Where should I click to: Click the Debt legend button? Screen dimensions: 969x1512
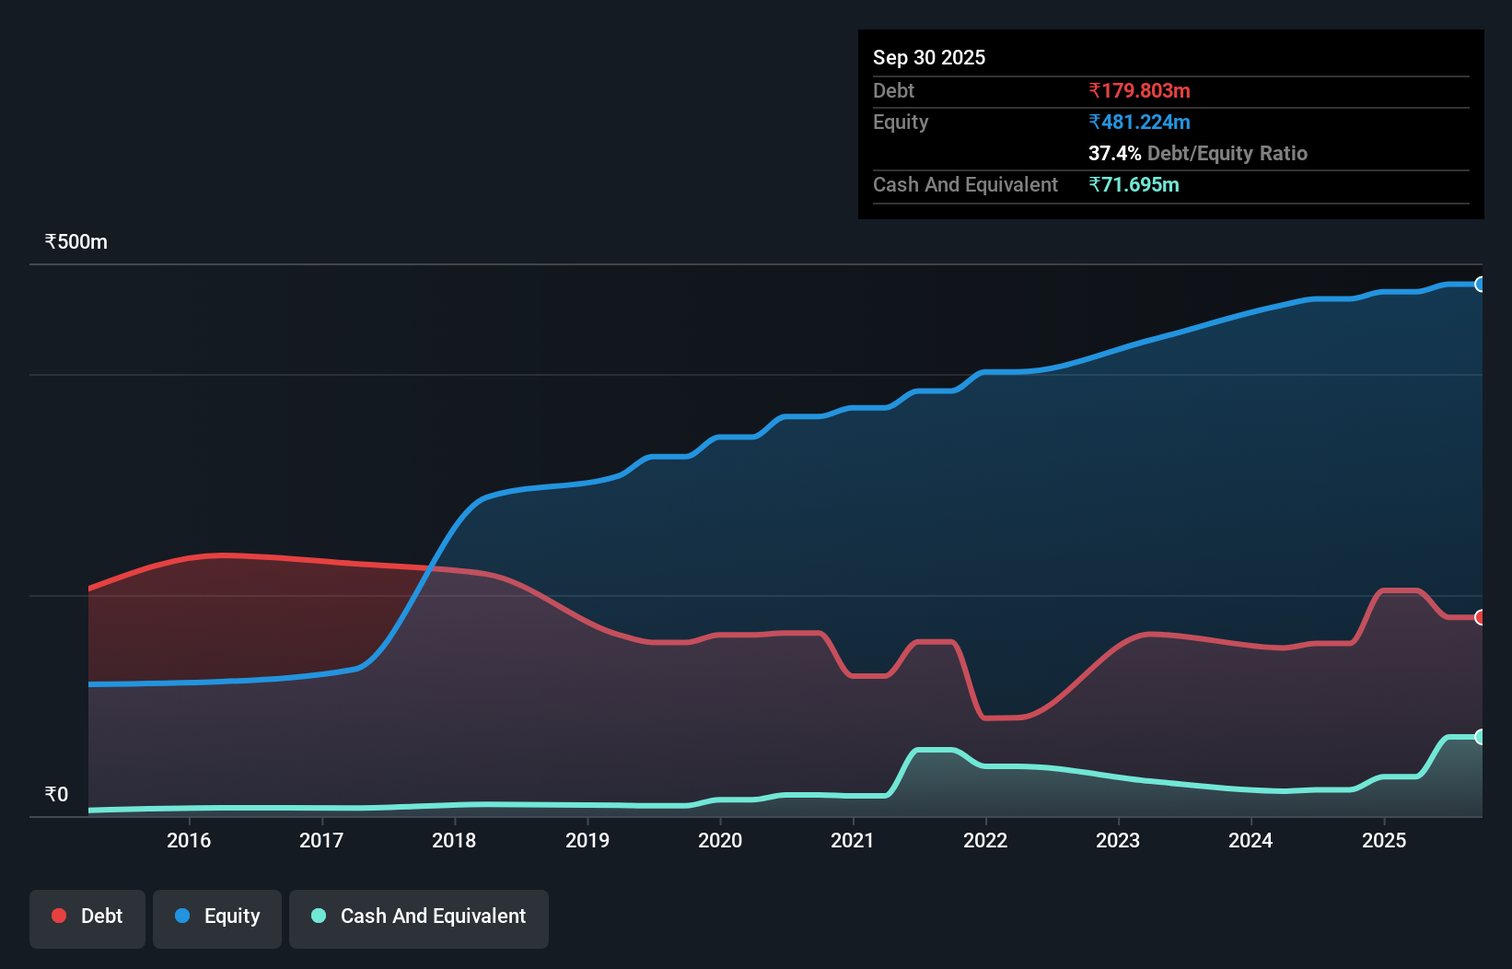pyautogui.click(x=87, y=916)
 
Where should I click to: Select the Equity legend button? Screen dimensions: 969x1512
pyautogui.click(x=217, y=916)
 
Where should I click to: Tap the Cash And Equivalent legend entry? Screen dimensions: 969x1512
pyautogui.click(x=419, y=916)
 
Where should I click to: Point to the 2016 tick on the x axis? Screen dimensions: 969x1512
pyautogui.click(x=189, y=840)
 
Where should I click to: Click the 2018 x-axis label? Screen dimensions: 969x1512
pyautogui.click(x=454, y=840)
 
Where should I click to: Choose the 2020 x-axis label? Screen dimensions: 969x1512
pyautogui.click(x=720, y=840)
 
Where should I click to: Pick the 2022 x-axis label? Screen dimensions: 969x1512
pyautogui.click(x=985, y=840)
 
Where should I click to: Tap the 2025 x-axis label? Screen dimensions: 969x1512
pyautogui.click(x=1384, y=840)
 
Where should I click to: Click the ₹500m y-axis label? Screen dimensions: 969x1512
pyautogui.click(x=76, y=242)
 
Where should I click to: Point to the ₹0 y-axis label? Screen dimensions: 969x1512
pyautogui.click(x=57, y=795)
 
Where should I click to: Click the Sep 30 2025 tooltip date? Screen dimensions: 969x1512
pyautogui.click(x=929, y=57)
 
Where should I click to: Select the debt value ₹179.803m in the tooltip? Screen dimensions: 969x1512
pyautogui.click(x=1139, y=90)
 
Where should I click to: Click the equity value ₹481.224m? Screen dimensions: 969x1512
pyautogui.click(x=1139, y=122)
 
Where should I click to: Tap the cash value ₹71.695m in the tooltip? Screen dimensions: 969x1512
pyautogui.click(x=1134, y=184)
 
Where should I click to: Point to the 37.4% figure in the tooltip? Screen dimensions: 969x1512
pyautogui.click(x=1114, y=153)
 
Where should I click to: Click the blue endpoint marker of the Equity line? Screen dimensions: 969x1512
pyautogui.click(x=1480, y=285)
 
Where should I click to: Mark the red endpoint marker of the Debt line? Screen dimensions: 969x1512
pyautogui.click(x=1480, y=617)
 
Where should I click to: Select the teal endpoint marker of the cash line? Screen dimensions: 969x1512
pyautogui.click(x=1480, y=737)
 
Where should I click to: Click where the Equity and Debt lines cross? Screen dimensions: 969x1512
pyautogui.click(x=429, y=568)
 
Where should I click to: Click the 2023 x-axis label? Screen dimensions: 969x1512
pyautogui.click(x=1118, y=840)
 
